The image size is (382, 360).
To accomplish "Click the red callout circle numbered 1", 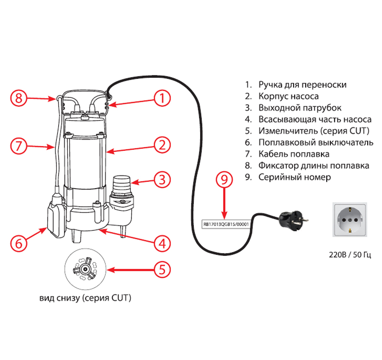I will (162, 99).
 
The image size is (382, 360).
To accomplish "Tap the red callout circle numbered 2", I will (162, 144).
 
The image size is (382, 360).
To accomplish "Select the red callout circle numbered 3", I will (162, 180).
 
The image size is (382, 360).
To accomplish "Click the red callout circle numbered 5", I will (162, 269).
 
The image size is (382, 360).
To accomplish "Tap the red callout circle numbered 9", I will (224, 180).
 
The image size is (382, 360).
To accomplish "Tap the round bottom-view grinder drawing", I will (85, 270).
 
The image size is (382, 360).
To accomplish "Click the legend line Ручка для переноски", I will (296, 85).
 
